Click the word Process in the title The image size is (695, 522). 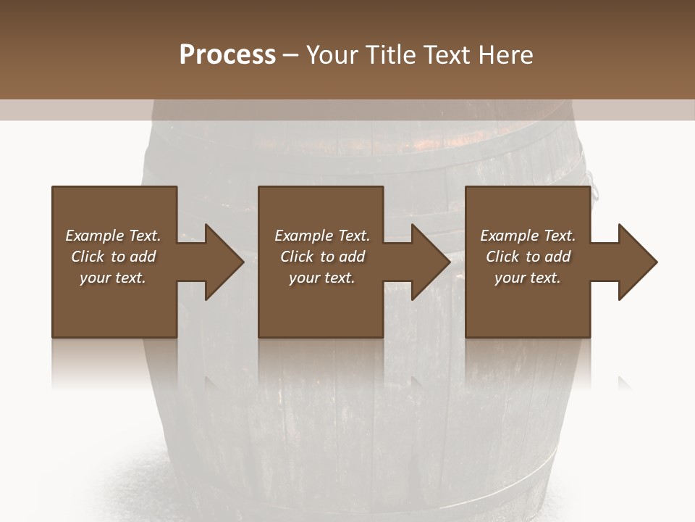227,55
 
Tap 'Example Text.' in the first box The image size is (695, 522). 113,236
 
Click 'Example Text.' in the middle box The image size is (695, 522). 322,236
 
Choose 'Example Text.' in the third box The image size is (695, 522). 528,236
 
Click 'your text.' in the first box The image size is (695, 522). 113,278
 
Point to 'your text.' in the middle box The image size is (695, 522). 322,278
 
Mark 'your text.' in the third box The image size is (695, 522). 528,278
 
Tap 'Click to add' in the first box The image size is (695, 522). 113,257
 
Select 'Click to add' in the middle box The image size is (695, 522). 322,257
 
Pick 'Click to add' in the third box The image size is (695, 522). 528,257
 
